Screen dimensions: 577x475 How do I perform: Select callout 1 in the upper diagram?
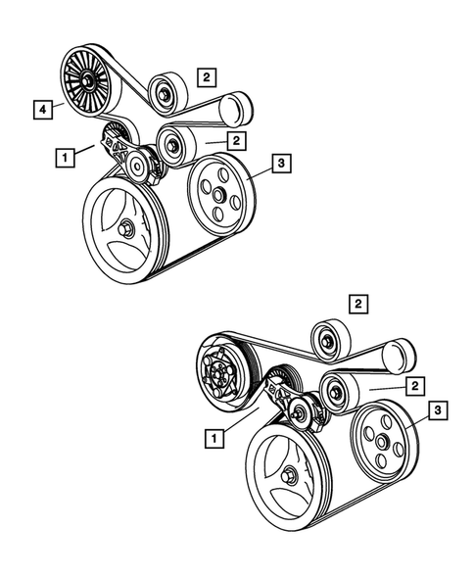tap(63, 155)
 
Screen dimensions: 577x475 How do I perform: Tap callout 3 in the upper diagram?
tap(280, 167)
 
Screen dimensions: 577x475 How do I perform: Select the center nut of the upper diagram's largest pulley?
tap(129, 229)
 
